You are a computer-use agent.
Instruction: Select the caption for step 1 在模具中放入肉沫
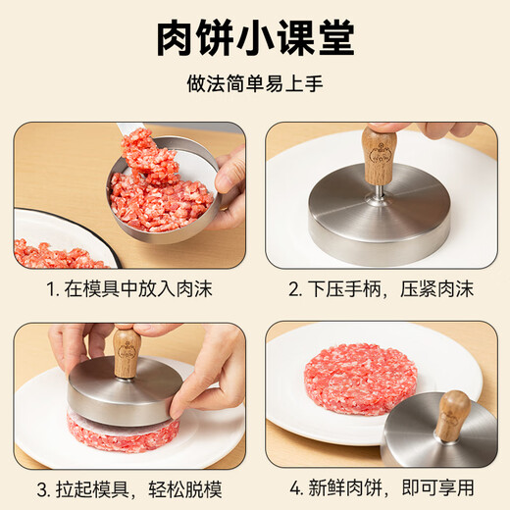point(129,290)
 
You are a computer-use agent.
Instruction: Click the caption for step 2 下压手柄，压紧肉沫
point(381,290)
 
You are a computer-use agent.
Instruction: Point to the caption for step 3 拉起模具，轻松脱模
point(129,488)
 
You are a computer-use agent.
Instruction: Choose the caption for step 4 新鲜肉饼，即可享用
point(381,488)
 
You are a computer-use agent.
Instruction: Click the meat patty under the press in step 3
point(123,433)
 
